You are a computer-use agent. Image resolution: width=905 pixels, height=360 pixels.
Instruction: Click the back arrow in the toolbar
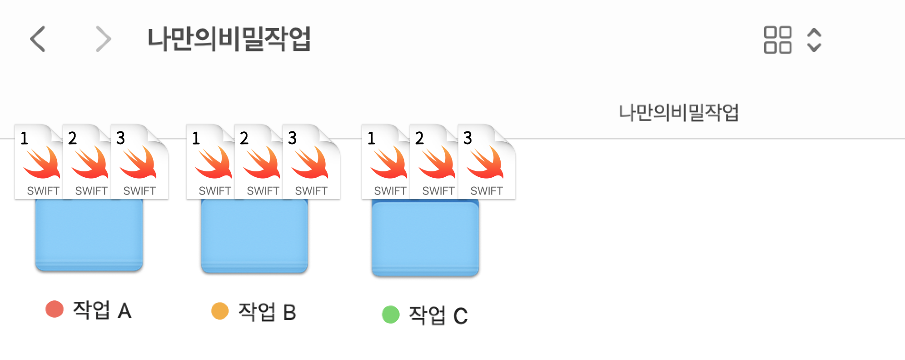(x=38, y=39)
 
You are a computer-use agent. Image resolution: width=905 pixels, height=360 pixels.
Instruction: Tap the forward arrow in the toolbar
(x=103, y=39)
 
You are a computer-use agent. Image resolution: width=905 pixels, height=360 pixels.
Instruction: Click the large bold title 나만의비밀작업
(x=229, y=39)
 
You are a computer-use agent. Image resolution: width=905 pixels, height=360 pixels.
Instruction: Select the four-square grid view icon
(x=777, y=40)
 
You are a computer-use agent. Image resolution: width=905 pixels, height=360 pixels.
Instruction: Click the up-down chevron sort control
(x=814, y=40)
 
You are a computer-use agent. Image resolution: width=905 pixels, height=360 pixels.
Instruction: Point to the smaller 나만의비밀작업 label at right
(x=678, y=112)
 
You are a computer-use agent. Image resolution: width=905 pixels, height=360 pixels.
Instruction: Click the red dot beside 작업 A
(x=55, y=310)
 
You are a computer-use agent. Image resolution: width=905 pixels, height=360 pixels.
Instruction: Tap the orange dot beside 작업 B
(x=220, y=311)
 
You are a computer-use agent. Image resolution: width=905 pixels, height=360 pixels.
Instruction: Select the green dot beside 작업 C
(x=390, y=315)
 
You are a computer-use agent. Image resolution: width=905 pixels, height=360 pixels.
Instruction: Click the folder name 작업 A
(x=102, y=310)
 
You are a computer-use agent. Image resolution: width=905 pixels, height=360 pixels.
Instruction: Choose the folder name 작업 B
(x=267, y=312)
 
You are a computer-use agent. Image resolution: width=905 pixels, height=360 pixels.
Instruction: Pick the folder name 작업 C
(x=438, y=315)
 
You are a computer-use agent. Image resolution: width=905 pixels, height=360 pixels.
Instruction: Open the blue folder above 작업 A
(x=89, y=235)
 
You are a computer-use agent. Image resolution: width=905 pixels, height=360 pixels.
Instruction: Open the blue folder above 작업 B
(x=254, y=235)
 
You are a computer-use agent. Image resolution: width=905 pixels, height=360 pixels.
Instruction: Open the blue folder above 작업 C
(x=425, y=238)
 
